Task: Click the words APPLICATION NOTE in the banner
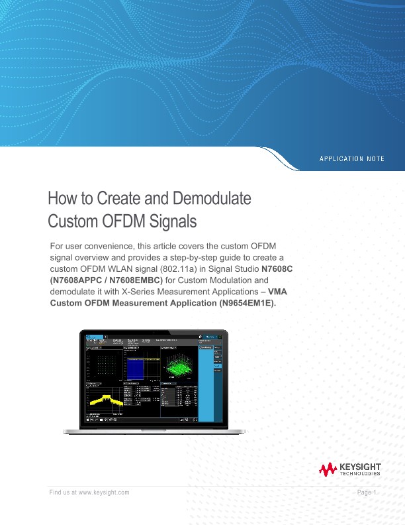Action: [351, 159]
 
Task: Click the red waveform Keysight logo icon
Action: [328, 470]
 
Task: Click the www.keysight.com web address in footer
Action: [103, 493]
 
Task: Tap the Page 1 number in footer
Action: [366, 493]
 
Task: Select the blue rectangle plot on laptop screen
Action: [140, 367]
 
